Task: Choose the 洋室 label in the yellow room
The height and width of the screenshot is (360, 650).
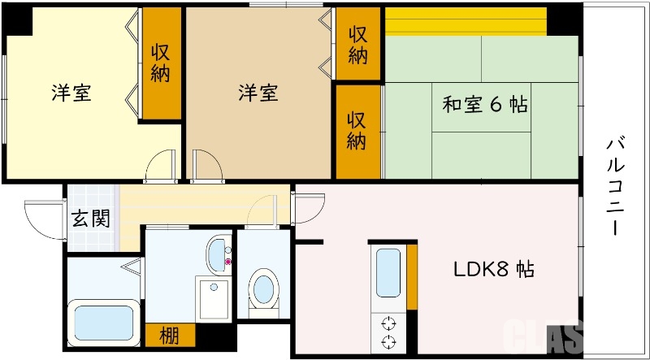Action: (x=71, y=93)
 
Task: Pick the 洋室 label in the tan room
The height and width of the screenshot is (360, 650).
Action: (x=258, y=93)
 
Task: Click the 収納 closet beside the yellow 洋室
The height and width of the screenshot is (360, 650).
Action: (x=160, y=63)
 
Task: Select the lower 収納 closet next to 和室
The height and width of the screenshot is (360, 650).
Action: (x=357, y=130)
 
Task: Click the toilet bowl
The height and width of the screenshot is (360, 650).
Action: (x=262, y=289)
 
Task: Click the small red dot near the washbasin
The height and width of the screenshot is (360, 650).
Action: (x=228, y=262)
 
